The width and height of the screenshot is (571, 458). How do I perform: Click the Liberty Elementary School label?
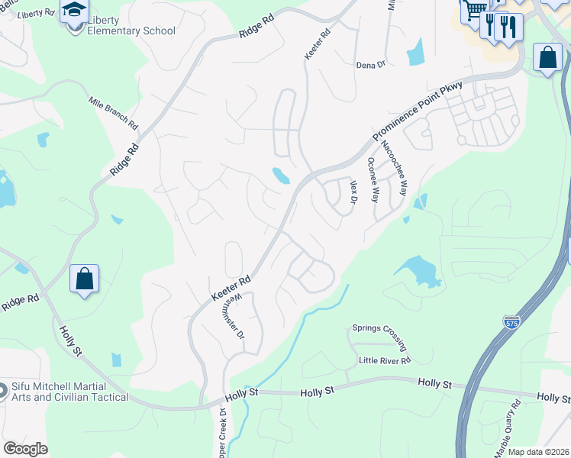point(131,25)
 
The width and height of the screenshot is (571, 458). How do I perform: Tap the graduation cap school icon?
point(74,11)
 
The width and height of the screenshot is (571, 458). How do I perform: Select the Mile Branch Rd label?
point(113,113)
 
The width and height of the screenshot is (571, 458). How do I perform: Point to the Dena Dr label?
point(371,65)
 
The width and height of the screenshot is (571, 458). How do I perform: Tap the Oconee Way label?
point(373,179)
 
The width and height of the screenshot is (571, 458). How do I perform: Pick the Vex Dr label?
point(353,192)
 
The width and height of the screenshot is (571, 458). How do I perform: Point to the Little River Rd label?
point(386,360)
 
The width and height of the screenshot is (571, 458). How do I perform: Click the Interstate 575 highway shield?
point(511,323)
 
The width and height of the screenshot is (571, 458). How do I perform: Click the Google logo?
point(25,449)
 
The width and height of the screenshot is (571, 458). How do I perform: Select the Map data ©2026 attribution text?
point(538,452)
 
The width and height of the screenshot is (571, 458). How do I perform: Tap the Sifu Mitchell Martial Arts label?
point(69,392)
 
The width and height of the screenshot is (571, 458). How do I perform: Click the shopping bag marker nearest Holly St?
point(84,278)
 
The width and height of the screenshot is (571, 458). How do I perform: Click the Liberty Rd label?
point(35,14)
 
